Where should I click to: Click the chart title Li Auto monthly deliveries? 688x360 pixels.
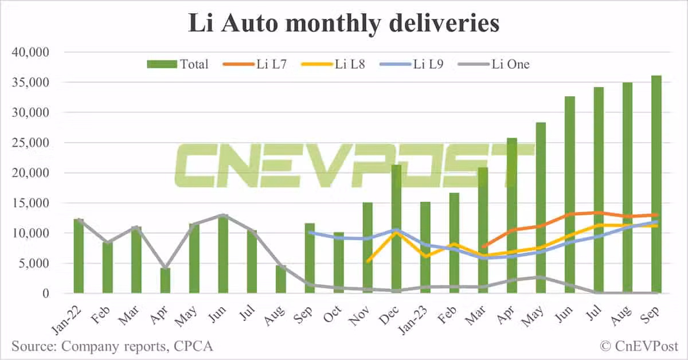pyautogui.click(x=344, y=24)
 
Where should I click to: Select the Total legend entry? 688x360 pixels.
pyautogui.click(x=178, y=64)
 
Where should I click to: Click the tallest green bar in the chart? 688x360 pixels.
pyautogui.click(x=656, y=183)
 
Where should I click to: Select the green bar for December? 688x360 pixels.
pyautogui.click(x=396, y=229)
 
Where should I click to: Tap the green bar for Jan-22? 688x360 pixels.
pyautogui.click(x=79, y=256)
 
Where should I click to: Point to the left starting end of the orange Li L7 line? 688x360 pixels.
pyautogui.click(x=483, y=247)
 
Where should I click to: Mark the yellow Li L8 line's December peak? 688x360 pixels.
pyautogui.click(x=396, y=233)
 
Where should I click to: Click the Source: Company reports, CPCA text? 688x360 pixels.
pyautogui.click(x=112, y=346)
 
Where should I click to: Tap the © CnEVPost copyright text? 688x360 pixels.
pyautogui.click(x=638, y=346)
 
